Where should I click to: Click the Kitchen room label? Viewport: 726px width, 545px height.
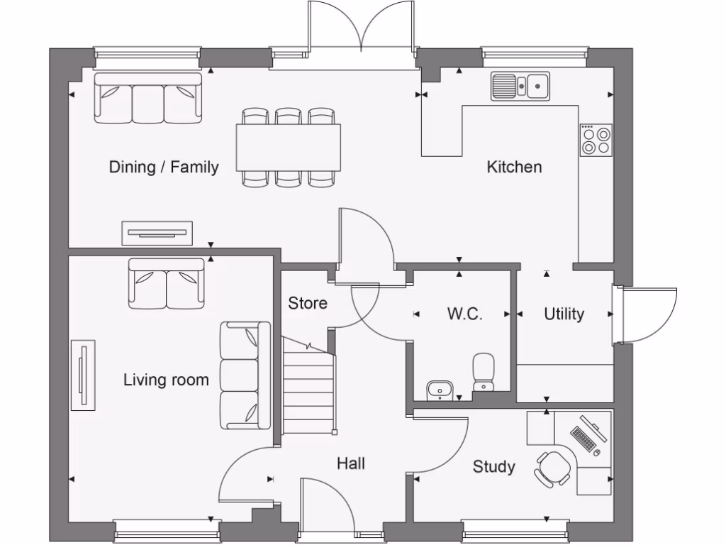click(514, 167)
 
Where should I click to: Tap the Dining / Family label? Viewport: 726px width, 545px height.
click(163, 167)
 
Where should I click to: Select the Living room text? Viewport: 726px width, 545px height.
click(166, 380)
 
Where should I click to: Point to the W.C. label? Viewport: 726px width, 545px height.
click(464, 314)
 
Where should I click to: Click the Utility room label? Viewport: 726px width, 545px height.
click(564, 314)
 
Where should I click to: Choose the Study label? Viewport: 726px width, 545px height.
click(493, 466)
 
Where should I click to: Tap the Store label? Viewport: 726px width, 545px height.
click(308, 303)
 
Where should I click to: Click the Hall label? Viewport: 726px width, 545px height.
click(351, 463)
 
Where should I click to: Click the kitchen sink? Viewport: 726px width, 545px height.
click(520, 86)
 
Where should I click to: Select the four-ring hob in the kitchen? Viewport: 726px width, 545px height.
click(596, 140)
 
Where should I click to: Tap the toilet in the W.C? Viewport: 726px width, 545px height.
click(484, 371)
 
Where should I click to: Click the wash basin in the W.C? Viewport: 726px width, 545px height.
click(440, 390)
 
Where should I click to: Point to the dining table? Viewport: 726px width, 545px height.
click(289, 147)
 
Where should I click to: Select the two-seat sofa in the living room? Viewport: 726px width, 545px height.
click(167, 283)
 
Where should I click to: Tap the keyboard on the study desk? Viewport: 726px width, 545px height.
click(583, 438)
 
